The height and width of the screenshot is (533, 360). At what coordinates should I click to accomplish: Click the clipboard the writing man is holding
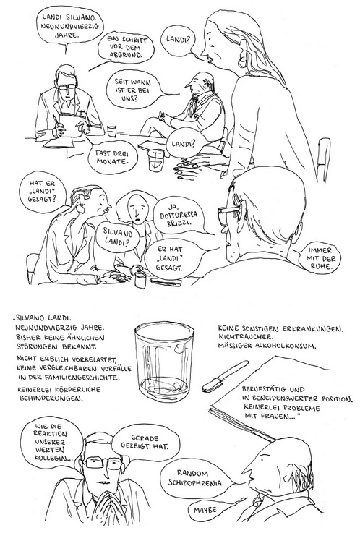(x=72, y=123)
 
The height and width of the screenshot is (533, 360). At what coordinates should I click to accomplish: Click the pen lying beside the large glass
(x=225, y=376)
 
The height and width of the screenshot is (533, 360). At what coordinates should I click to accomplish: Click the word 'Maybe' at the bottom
(x=205, y=510)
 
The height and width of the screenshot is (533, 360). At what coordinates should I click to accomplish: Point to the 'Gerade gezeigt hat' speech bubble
(x=144, y=443)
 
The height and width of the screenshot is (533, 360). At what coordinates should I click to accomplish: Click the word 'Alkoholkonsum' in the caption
(x=291, y=346)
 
